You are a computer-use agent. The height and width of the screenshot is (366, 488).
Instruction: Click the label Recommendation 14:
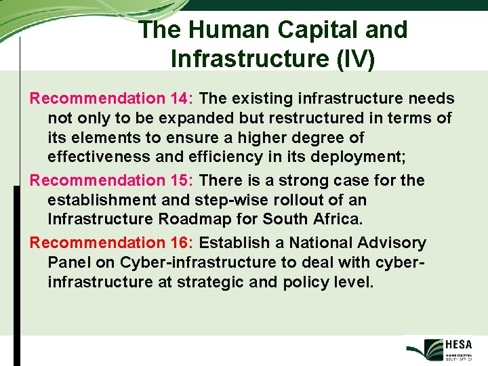click(x=113, y=99)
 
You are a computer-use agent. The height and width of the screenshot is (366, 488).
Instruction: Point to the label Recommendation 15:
click(x=113, y=181)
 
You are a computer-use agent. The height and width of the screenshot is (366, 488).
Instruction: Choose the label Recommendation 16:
click(x=113, y=243)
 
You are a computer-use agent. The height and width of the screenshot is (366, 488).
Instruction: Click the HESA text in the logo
click(x=460, y=344)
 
